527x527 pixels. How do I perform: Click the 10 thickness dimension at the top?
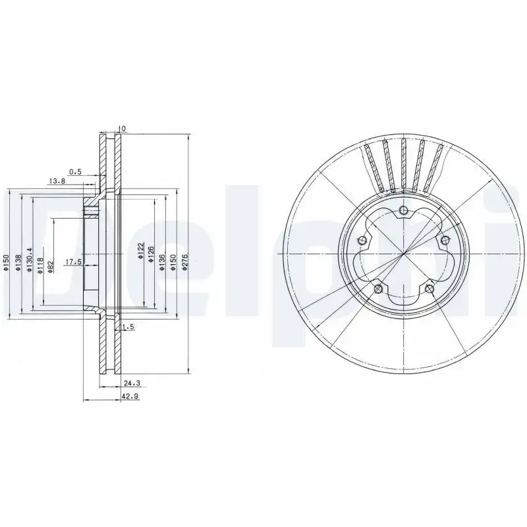pos(121,128)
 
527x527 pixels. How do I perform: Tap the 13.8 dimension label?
pos(57,180)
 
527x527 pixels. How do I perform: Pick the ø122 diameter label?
pos(140,251)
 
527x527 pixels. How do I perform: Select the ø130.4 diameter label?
pos(30,259)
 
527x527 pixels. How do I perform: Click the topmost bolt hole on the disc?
pos(403,211)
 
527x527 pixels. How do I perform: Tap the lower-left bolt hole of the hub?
pos(377,288)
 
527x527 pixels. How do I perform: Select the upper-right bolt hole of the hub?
pos(444,240)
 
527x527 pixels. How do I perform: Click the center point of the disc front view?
pos(403,254)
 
